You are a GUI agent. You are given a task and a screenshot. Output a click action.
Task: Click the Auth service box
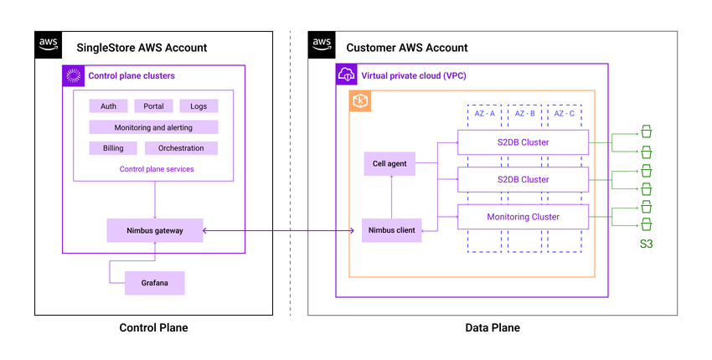(109, 106)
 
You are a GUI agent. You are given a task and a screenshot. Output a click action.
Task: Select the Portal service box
(153, 106)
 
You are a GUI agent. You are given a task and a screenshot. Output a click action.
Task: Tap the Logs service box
(199, 106)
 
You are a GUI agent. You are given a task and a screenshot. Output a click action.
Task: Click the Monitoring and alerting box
(153, 127)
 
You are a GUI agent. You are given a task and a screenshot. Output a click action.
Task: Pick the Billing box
(113, 148)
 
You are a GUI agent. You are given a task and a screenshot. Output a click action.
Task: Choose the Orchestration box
(181, 148)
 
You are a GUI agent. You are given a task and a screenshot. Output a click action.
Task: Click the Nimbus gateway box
(155, 230)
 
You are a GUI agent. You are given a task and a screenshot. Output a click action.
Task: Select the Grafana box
(154, 283)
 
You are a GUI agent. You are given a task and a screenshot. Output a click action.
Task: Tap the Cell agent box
(390, 163)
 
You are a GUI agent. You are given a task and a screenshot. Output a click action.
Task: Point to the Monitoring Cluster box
(524, 217)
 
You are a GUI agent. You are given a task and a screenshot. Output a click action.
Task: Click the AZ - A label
(486, 113)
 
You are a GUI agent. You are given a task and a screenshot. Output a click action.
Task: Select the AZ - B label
(525, 113)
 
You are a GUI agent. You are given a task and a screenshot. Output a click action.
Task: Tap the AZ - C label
(565, 113)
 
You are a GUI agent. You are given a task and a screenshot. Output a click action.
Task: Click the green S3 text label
(646, 245)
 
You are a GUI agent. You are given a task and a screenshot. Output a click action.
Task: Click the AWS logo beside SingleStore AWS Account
(49, 45)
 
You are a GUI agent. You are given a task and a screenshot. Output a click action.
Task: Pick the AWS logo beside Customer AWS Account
(322, 45)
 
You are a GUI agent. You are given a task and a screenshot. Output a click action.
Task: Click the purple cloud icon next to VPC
(347, 75)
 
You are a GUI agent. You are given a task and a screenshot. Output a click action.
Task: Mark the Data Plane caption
(493, 328)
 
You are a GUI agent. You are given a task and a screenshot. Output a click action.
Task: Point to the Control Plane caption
(154, 328)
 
